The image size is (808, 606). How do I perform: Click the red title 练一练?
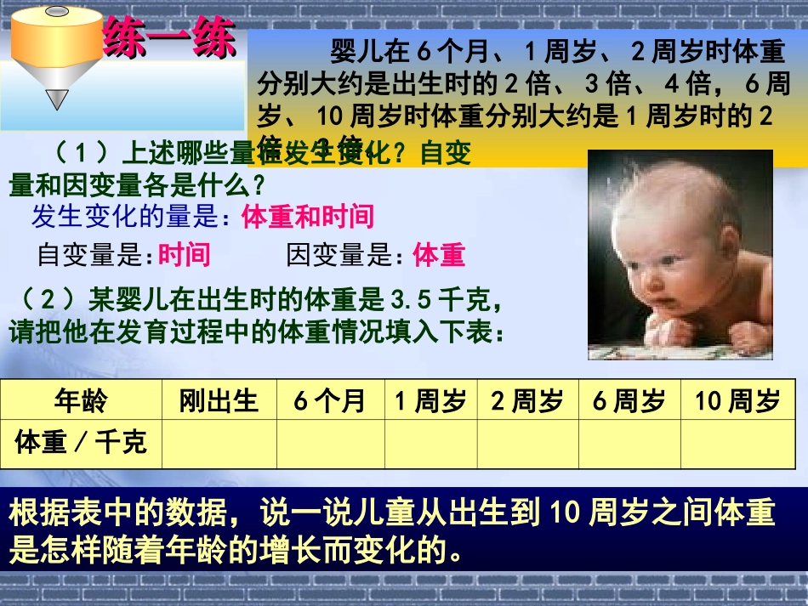point(168,40)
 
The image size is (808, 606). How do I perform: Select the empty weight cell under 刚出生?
point(219,443)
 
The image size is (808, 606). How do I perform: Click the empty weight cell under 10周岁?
point(737,443)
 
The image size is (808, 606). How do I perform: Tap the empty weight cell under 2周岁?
point(527,443)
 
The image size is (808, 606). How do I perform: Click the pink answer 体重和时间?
point(308,217)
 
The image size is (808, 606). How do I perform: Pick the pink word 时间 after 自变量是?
point(184,254)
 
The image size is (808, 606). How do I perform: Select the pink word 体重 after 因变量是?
point(439,254)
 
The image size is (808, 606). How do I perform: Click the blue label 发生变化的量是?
point(131,218)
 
